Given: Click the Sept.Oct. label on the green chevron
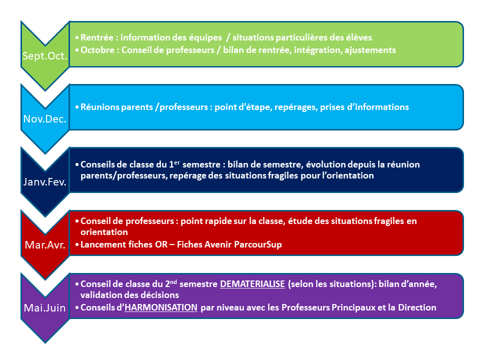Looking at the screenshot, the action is click(44, 56).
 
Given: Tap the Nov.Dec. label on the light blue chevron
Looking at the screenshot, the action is click(44, 119).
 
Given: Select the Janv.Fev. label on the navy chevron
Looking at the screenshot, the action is click(44, 182).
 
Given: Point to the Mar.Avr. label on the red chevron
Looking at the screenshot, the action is click(45, 245).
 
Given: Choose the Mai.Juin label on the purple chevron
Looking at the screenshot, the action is click(44, 307).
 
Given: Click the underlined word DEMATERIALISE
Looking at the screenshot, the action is click(252, 284).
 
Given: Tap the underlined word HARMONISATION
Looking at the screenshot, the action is click(161, 307).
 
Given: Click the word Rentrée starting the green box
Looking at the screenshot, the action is click(96, 37).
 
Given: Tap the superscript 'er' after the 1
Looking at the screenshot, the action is click(177, 162).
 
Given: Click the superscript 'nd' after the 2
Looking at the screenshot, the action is click(173, 281).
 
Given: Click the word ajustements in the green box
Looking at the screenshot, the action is click(370, 50).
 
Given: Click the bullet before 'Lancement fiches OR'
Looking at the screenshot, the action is click(77, 244).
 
